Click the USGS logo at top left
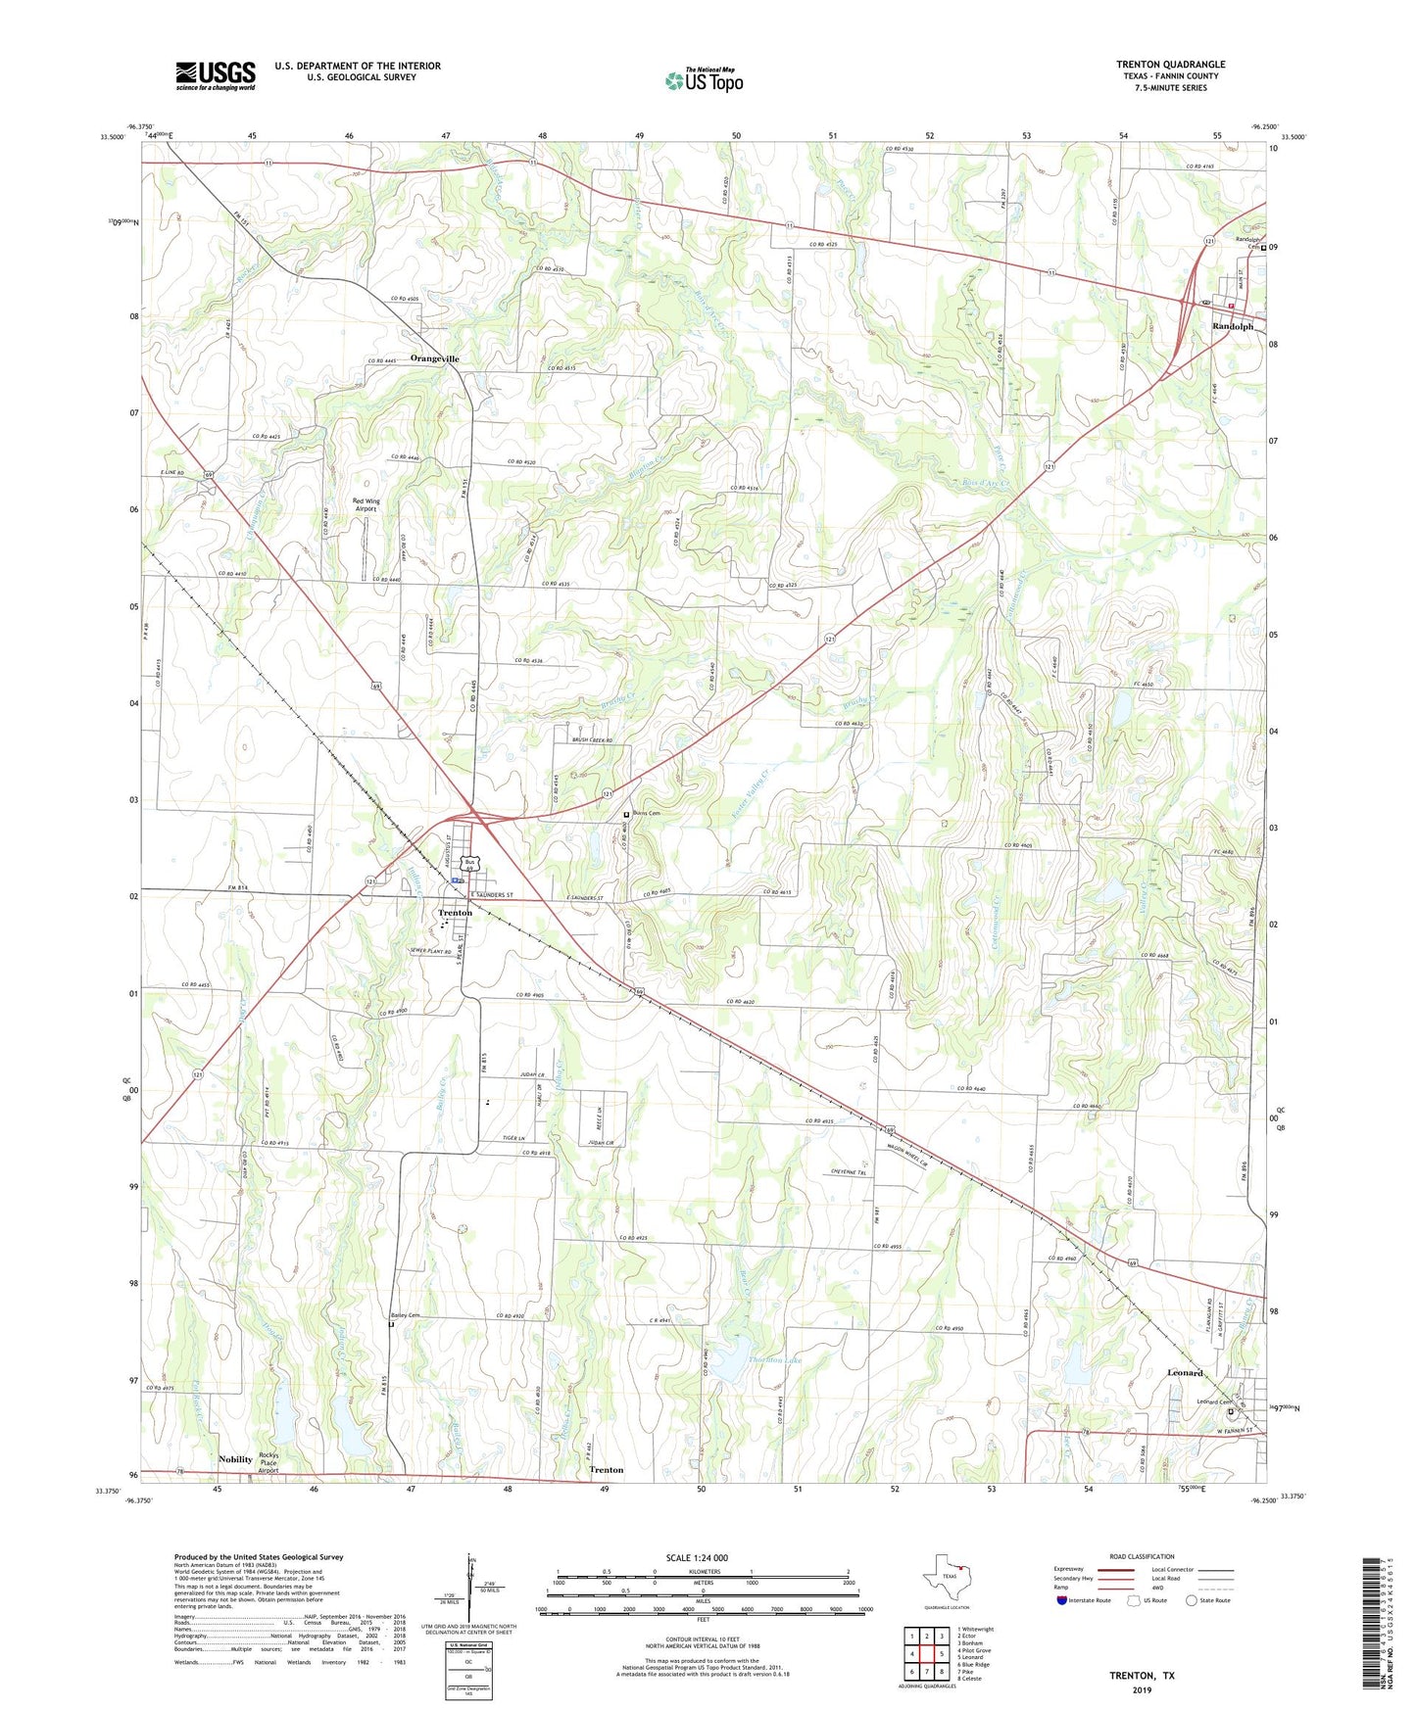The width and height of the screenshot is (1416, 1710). [x=216, y=75]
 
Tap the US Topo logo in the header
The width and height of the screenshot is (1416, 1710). [x=704, y=80]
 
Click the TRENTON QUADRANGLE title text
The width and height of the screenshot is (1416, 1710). [x=1170, y=65]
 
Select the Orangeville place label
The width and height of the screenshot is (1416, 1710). [x=434, y=358]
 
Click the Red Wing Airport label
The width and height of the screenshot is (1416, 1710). [x=366, y=504]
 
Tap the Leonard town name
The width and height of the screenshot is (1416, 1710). [x=1185, y=1372]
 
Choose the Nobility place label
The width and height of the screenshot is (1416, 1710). [x=235, y=1458]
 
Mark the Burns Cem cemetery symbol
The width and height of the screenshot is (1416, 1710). [x=627, y=814]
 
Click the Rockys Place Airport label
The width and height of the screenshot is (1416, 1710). [x=269, y=1462]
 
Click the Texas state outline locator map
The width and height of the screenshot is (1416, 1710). [x=946, y=1580]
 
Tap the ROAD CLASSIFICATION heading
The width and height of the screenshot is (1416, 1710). [x=1143, y=1556]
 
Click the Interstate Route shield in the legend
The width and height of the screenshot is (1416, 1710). [x=1064, y=1600]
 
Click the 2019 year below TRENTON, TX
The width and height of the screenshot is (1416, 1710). [x=1142, y=1689]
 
